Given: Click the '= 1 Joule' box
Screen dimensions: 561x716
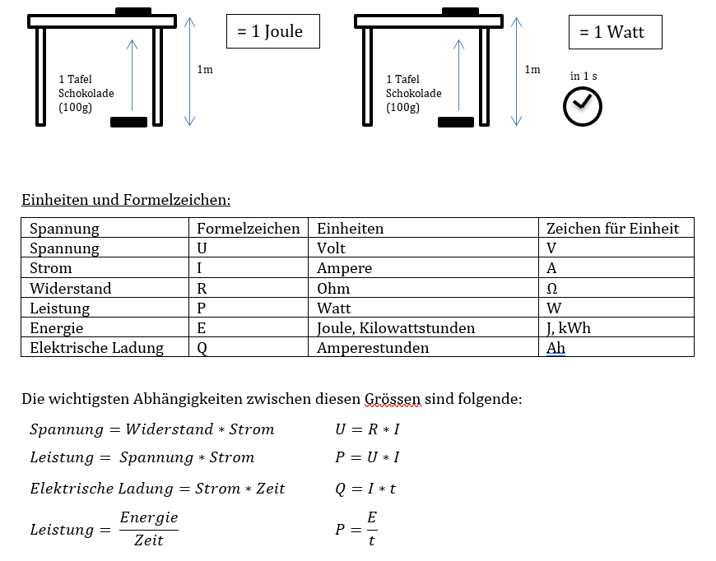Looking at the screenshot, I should click(272, 31).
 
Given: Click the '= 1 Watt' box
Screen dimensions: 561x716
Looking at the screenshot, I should click(615, 32).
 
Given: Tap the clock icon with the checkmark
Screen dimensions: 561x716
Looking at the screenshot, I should click(582, 106).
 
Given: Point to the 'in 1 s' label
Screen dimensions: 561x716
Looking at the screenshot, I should click(583, 76).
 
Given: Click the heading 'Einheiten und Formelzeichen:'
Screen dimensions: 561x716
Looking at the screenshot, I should click(126, 200).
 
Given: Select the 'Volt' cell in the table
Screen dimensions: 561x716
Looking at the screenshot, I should click(331, 248).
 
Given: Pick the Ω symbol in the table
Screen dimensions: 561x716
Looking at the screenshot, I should click(552, 288).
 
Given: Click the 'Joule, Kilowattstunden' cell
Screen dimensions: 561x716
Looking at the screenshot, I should click(396, 328).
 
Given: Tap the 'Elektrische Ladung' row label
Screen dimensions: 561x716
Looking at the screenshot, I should click(96, 348).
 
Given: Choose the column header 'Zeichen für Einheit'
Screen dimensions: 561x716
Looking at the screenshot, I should click(612, 228).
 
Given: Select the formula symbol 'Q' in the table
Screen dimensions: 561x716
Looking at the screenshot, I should click(202, 348).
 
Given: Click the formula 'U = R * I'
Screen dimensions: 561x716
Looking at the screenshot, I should click(367, 429).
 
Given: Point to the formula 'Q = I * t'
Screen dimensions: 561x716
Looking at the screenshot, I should click(365, 489).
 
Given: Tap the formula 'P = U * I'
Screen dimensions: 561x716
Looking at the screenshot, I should click(367, 457).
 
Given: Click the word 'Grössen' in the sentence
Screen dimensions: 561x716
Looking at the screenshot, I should click(392, 400).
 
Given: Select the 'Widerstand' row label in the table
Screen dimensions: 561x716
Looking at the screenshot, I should click(70, 288).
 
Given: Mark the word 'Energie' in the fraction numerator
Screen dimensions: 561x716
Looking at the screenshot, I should click(149, 517).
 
